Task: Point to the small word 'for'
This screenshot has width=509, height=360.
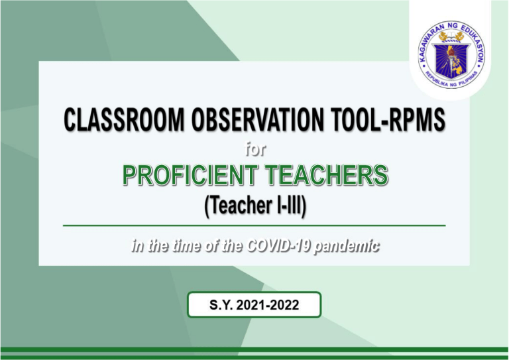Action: (x=254, y=150)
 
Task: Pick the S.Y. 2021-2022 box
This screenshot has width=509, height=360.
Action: (x=254, y=306)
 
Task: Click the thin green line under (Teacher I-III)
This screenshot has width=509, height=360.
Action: (x=254, y=225)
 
